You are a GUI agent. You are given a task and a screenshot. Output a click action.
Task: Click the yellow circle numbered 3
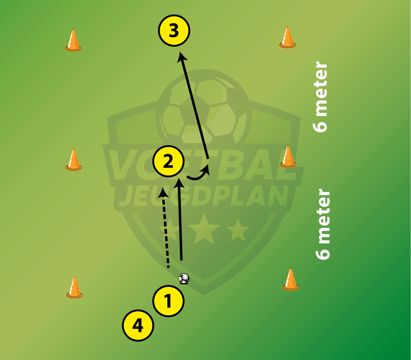(174, 31)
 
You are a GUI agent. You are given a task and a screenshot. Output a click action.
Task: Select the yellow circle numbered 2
(168, 161)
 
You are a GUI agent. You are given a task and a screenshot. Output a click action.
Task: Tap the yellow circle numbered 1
(168, 301)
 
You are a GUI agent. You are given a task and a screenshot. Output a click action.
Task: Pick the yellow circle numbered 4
(138, 325)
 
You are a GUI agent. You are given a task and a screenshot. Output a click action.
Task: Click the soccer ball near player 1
(184, 278)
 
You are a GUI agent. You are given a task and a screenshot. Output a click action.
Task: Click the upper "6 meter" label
(320, 97)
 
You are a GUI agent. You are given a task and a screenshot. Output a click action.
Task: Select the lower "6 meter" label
(323, 224)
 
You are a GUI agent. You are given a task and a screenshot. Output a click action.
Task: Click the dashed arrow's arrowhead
(163, 192)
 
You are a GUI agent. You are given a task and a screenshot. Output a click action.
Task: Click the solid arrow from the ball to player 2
(180, 219)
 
